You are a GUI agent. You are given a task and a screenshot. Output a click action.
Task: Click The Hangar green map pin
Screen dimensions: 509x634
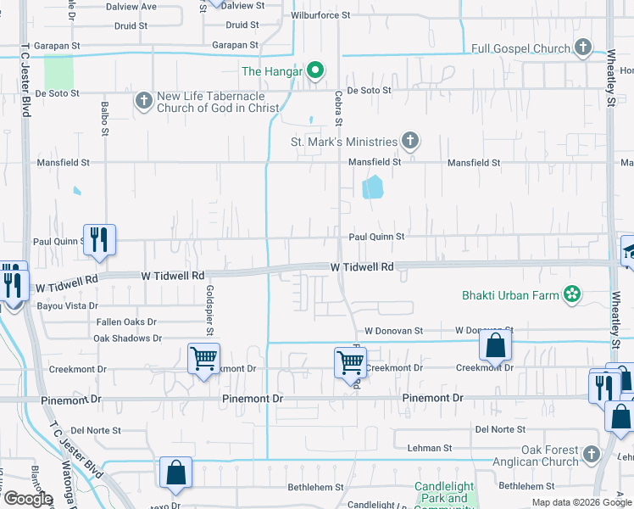(314, 70)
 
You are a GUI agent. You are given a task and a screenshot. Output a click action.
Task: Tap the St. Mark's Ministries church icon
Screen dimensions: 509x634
(410, 141)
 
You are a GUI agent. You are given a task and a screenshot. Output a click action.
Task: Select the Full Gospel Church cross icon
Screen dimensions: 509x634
(582, 48)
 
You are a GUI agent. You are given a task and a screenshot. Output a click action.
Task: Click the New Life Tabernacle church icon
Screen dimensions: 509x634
(143, 101)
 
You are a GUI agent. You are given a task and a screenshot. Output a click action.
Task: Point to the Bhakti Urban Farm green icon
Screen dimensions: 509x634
(573, 294)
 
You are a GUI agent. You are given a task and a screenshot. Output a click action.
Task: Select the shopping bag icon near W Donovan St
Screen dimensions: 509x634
(495, 344)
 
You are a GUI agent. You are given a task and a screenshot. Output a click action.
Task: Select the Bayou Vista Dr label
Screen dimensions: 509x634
(68, 305)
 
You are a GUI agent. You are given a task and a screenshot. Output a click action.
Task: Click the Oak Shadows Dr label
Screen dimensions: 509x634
(127, 338)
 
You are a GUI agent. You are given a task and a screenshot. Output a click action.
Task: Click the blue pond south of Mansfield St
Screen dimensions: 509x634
(372, 187)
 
